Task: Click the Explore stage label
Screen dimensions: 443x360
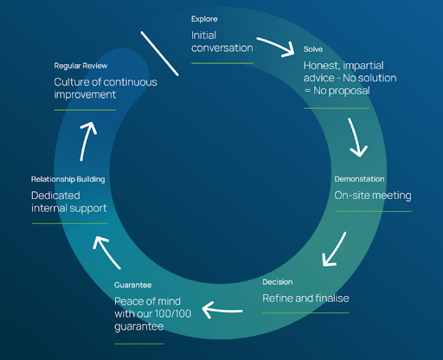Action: click(x=204, y=19)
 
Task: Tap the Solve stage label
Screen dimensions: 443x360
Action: click(x=313, y=49)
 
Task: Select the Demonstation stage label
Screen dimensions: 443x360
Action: click(x=359, y=179)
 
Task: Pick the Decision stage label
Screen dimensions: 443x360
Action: click(x=278, y=282)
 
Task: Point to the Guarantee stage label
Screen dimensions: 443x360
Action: click(x=133, y=286)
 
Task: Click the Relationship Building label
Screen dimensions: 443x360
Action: click(x=68, y=179)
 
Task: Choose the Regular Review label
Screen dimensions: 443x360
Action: click(x=80, y=66)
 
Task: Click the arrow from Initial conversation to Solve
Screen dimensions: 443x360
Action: click(x=277, y=46)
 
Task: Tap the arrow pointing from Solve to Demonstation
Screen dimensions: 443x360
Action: click(x=356, y=137)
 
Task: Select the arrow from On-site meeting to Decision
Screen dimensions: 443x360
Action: click(x=335, y=250)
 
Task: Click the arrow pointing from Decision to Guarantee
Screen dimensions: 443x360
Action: click(x=222, y=310)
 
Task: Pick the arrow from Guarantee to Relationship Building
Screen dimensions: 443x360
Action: click(x=106, y=252)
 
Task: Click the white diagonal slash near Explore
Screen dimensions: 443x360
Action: click(x=159, y=54)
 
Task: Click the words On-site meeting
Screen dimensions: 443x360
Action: click(x=373, y=196)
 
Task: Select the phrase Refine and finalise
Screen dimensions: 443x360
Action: click(x=305, y=299)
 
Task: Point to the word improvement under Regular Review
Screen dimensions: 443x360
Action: click(x=85, y=94)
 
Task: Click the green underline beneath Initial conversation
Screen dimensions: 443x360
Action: click(x=222, y=63)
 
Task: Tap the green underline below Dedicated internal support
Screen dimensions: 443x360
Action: click(x=69, y=223)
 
